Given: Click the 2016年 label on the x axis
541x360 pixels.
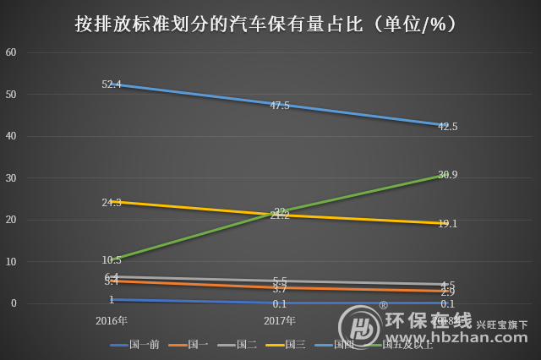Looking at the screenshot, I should coord(112,321).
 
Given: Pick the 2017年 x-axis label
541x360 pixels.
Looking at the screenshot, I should coord(280,321).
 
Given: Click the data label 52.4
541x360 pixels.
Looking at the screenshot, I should coord(112,85).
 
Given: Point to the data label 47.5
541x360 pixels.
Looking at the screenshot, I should coord(280,106).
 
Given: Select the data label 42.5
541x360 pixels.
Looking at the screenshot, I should coord(448,127).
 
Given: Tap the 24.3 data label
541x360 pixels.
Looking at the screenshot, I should coord(112,203).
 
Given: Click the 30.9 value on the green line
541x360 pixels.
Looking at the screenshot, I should coord(448,175).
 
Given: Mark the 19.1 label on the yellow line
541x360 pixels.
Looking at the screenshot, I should coord(448,224).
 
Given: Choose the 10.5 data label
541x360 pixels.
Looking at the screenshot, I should coord(112,259).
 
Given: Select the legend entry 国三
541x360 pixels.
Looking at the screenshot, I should coord(295,345).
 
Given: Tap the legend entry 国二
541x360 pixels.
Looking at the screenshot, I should coord(247,345).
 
